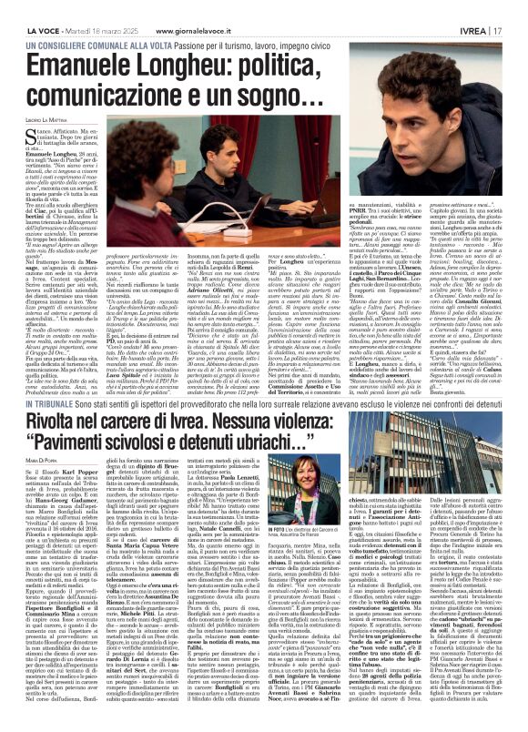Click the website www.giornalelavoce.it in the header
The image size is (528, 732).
[x=196, y=8]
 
